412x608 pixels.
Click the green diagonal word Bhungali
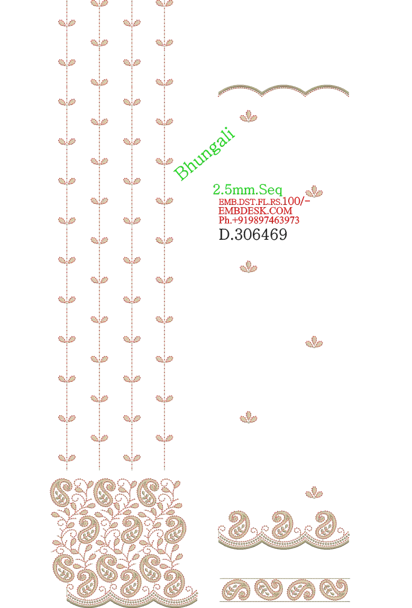click(x=205, y=154)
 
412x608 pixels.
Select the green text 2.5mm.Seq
click(x=248, y=190)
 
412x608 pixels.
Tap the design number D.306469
click(x=253, y=234)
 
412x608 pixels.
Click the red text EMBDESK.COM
click(x=255, y=211)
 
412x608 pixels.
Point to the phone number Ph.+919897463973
click(x=259, y=220)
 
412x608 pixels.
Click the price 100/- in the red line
click(x=296, y=201)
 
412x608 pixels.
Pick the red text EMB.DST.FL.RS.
click(x=251, y=202)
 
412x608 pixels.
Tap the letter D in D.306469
click(x=224, y=234)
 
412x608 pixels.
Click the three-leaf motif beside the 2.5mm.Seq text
click(x=314, y=192)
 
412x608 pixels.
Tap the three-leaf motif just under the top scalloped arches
click(x=248, y=116)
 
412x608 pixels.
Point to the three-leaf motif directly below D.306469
click(x=248, y=267)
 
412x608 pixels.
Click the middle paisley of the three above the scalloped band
click(x=280, y=524)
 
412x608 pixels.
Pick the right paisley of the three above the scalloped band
click(x=324, y=524)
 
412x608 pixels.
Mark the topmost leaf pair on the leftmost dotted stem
click(x=67, y=23)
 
